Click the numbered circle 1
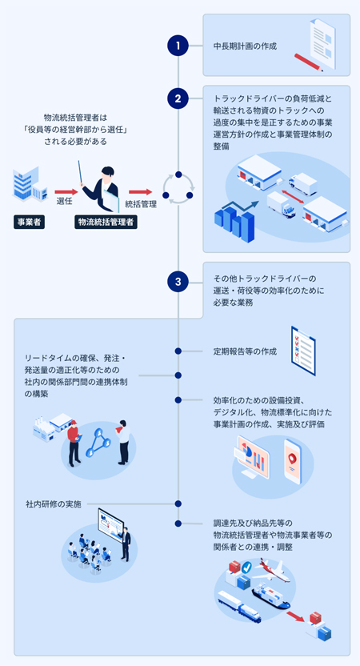178,46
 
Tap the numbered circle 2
178,98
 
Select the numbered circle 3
178,282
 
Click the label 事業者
29,222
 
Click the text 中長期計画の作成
245,46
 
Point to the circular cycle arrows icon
178,187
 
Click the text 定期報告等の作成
245,351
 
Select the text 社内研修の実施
53,504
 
